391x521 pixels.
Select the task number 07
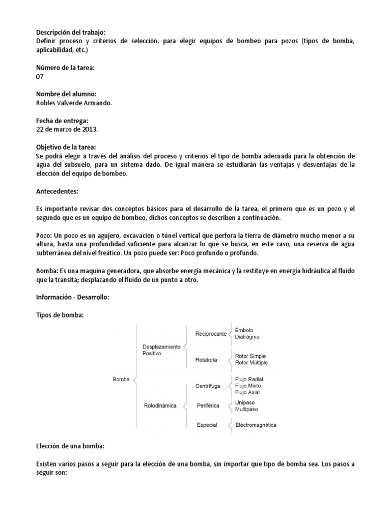(x=40, y=76)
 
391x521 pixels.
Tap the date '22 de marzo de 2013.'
(x=67, y=129)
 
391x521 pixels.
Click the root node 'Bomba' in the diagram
(x=121, y=379)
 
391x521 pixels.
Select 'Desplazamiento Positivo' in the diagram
(x=161, y=350)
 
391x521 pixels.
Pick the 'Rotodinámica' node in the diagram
(x=159, y=406)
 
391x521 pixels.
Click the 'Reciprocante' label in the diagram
(x=211, y=334)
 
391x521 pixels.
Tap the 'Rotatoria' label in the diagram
(x=206, y=360)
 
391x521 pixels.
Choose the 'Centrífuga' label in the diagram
(x=208, y=386)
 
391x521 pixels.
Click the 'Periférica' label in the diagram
(x=207, y=406)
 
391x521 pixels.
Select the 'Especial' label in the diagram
(x=207, y=425)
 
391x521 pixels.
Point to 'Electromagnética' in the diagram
(x=256, y=425)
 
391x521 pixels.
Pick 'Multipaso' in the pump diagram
(x=247, y=409)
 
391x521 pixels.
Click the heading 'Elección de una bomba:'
(x=70, y=446)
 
